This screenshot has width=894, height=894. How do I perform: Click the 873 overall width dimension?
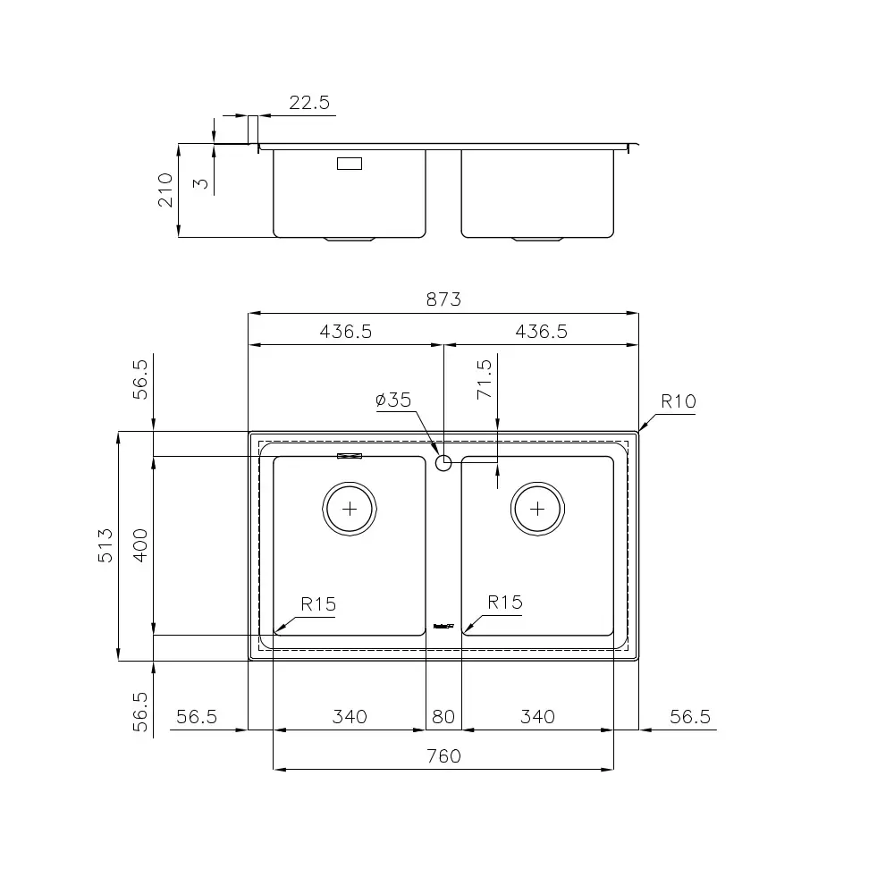443,299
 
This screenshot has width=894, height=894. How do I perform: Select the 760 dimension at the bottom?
443,756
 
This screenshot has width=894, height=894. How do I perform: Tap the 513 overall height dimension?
105,545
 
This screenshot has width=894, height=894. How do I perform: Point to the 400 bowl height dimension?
140,545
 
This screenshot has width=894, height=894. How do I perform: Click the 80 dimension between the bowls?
443,716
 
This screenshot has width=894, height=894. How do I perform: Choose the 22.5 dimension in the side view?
309,103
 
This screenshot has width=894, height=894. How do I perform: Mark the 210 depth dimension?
165,190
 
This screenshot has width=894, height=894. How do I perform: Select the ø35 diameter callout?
393,400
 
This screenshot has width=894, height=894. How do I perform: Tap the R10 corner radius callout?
678,401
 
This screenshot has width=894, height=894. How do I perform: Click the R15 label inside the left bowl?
318,604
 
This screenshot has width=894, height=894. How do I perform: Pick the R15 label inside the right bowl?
505,603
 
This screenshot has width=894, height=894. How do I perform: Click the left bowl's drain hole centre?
350,509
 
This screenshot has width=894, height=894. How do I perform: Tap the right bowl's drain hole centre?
537,509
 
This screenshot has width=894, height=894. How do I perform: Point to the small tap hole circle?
443,462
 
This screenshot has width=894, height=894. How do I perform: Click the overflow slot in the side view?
350,164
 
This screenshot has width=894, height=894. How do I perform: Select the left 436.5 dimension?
345,332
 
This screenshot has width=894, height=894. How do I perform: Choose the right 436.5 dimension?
541,332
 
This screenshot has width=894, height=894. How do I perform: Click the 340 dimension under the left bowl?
350,716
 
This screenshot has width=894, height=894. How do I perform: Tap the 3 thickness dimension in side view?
201,183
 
